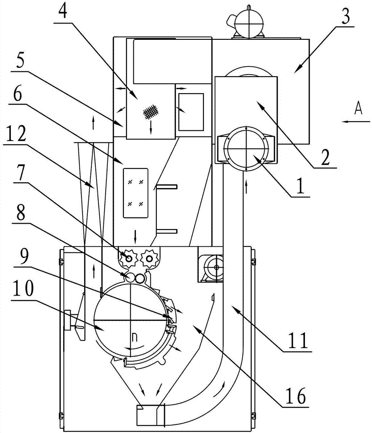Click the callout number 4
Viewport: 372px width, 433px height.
coord(63,10)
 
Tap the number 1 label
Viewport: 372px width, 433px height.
coord(300,186)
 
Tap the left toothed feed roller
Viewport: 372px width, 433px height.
coord(129,258)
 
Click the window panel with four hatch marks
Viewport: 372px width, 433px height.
coord(135,193)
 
